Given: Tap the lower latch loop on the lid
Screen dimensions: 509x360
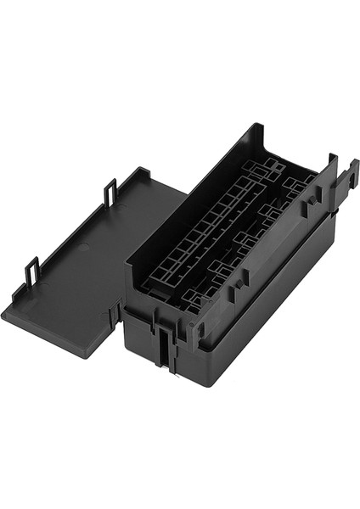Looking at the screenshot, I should click(x=31, y=271).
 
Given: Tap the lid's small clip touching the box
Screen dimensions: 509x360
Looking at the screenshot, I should click(x=113, y=315).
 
